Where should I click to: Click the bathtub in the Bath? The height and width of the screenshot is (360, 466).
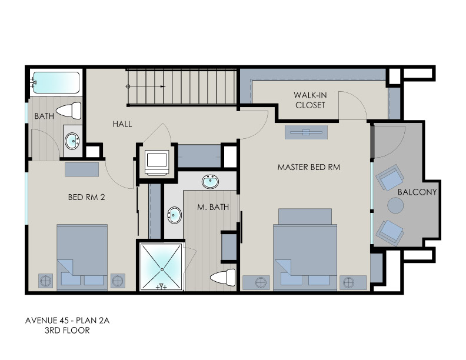click(55, 82)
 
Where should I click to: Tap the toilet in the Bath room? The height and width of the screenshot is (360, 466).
click(69, 111)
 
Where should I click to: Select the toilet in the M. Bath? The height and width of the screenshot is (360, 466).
click(222, 278)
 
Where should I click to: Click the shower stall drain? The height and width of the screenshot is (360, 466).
click(162, 269)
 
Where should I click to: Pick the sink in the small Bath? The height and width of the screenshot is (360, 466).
click(72, 141)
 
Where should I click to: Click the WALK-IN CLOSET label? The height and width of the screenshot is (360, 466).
click(310, 100)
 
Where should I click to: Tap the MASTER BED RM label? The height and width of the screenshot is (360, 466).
click(309, 167)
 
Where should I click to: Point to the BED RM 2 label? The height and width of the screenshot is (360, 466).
click(86, 197)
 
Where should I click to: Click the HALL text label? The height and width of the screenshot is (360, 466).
click(122, 124)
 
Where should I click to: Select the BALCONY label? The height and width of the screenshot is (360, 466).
click(417, 192)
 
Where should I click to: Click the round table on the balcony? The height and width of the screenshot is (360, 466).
click(395, 205)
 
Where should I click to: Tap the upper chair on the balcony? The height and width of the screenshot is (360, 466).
click(390, 177)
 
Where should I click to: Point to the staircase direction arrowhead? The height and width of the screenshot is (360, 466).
click(162, 86)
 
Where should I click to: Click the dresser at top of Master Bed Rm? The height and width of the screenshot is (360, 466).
click(306, 132)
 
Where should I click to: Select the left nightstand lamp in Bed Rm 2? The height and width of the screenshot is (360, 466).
click(45, 281)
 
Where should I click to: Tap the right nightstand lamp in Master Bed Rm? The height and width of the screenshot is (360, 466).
click(349, 283)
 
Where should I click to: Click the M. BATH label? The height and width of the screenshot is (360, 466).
click(213, 207)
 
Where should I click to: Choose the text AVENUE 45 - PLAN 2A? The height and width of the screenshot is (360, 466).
click(68, 321)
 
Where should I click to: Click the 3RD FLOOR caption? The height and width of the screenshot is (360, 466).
click(67, 331)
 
